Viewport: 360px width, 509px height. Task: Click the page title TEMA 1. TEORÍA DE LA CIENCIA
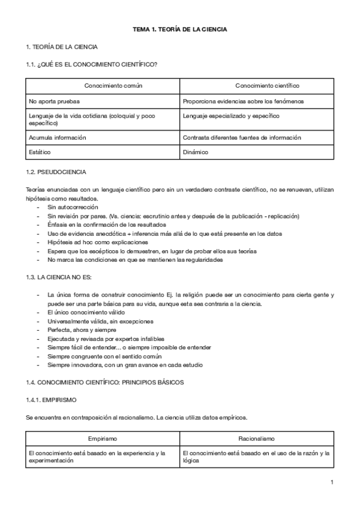point(179,29)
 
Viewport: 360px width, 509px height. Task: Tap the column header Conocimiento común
point(113,86)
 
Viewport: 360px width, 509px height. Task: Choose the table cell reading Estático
point(40,152)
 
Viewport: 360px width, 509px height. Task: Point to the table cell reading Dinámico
point(196,152)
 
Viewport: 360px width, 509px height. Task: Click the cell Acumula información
point(57,137)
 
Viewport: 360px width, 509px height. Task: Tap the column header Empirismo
point(102,439)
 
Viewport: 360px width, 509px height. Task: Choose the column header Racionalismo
point(256,439)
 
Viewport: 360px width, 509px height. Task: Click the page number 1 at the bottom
point(332,482)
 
